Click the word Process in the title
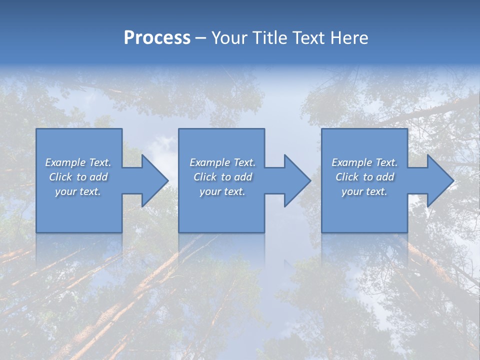tap(157, 38)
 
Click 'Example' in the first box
tap(65, 162)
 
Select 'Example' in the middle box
tap(209, 162)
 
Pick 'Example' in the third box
tap(351, 162)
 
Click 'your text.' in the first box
tap(78, 191)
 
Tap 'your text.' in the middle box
tap(222, 191)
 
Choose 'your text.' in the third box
tap(364, 191)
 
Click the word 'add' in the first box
tap(98, 177)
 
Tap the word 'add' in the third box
tap(385, 177)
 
